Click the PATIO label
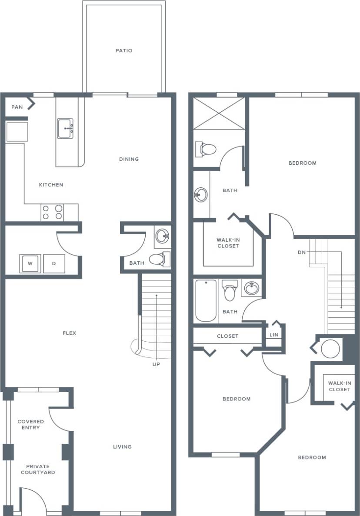[123, 51]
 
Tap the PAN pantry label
[17, 107]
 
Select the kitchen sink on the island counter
[65, 129]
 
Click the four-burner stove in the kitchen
[52, 213]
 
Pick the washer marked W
[30, 263]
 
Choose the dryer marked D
[54, 263]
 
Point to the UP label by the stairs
[156, 364]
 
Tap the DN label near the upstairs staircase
[301, 252]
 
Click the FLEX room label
[70, 333]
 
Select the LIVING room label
[122, 447]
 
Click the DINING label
[129, 159]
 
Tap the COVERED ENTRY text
[31, 425]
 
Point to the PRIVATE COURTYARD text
[37, 469]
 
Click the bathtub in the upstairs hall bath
[206, 300]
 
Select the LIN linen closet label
[273, 335]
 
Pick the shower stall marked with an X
[219, 113]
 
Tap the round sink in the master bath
[201, 194]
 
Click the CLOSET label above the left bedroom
[227, 336]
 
